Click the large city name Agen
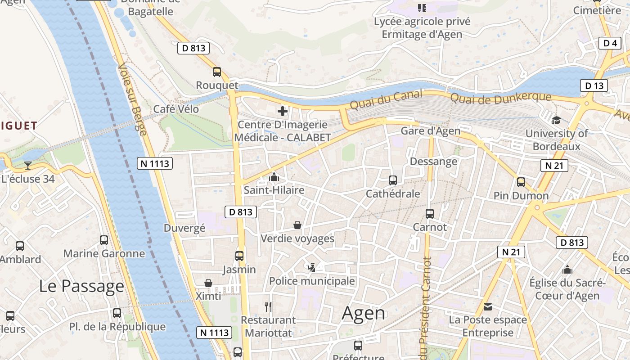pos(364,313)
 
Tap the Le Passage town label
pos(81,286)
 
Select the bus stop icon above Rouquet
pos(217,72)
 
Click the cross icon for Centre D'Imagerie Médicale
pos(283,111)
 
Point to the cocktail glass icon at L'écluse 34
pos(27,166)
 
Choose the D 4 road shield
pos(610,43)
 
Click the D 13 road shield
pos(594,85)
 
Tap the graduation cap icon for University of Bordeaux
pos(556,120)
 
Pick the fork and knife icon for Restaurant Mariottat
pos(268,307)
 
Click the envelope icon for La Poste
pos(488,307)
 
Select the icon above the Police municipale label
pos(311,268)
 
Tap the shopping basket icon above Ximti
pos(208,283)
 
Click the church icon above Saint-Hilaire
pos(274,177)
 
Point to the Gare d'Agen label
pos(430,131)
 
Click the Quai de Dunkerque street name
pos(500,97)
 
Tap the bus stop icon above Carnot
pos(430,214)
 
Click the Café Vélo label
pos(176,109)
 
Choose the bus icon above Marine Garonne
pos(104,240)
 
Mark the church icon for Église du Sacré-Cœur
pos(567,270)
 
